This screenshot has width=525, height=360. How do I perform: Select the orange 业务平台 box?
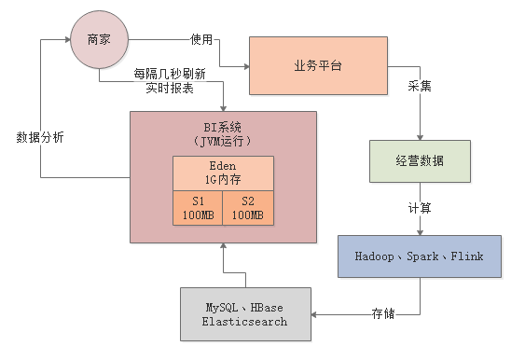point(318,66)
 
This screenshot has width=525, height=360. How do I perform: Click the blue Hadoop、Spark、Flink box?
point(419,256)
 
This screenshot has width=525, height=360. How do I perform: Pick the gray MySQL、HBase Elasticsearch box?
point(246,313)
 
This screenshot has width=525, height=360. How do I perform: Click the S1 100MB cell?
point(197,208)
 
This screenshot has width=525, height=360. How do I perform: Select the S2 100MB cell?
point(247,208)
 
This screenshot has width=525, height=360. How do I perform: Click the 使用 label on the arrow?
point(201,40)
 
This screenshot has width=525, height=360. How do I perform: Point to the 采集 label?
point(419,87)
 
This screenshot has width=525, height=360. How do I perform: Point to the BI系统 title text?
point(222,126)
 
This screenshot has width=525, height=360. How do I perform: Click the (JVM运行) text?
point(222,140)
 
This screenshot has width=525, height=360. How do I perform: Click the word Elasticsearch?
point(246,321)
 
